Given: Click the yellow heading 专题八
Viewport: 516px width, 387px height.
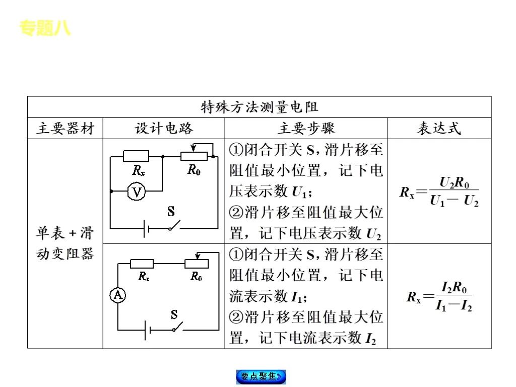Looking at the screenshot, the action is (45, 28).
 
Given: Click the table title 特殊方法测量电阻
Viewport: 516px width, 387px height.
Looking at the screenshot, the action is (259, 107).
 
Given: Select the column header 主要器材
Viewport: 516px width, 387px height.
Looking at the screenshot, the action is (65, 128).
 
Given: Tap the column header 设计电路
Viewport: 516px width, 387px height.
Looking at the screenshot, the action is (164, 128).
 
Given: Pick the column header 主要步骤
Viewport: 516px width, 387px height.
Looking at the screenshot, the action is (306, 128).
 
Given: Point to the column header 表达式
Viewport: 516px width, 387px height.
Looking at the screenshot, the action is (439, 128).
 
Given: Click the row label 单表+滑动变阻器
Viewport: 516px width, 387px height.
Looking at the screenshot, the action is (65, 243).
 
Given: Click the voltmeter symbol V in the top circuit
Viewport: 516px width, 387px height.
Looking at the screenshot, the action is (136, 191).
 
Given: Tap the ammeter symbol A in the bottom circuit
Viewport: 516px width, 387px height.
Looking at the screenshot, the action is (118, 295).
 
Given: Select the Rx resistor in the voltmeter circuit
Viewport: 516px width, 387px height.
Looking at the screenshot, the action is (136, 156).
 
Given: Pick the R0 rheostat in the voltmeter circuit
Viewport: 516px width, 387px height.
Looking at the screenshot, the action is (194, 156).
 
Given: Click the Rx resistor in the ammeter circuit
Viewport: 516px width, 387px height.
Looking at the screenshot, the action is (142, 264).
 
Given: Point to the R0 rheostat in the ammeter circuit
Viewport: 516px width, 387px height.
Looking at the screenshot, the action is (196, 264).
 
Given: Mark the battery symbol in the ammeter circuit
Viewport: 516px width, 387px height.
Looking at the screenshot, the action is (146, 331).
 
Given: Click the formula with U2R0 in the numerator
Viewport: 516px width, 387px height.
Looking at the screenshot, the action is (439, 192).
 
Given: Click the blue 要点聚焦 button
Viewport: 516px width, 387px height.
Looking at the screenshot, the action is (261, 376).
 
